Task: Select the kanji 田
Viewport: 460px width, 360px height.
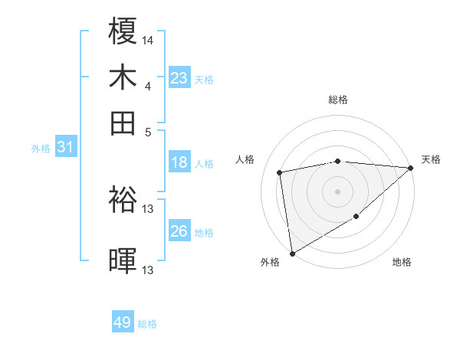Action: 123,123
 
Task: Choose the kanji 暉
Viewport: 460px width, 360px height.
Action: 123,260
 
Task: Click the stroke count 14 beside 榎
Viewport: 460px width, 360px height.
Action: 148,39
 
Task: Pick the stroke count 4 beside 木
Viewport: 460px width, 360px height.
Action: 148,85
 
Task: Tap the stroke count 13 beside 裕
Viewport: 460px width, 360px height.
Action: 148,208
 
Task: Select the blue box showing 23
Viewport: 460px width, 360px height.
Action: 179,78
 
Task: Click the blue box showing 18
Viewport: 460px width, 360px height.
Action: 179,162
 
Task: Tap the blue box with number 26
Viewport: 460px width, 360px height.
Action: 179,231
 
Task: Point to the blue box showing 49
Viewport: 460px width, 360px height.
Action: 123,323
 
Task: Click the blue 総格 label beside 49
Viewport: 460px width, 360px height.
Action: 147,324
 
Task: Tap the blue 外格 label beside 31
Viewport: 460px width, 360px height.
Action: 41,149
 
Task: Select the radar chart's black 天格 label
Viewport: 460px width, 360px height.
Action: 431,159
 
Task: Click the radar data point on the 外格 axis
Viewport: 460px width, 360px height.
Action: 292,253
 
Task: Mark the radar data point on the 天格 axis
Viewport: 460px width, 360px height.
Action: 410,168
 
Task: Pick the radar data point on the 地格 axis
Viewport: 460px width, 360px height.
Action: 356,217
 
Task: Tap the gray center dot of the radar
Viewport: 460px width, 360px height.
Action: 337,191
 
